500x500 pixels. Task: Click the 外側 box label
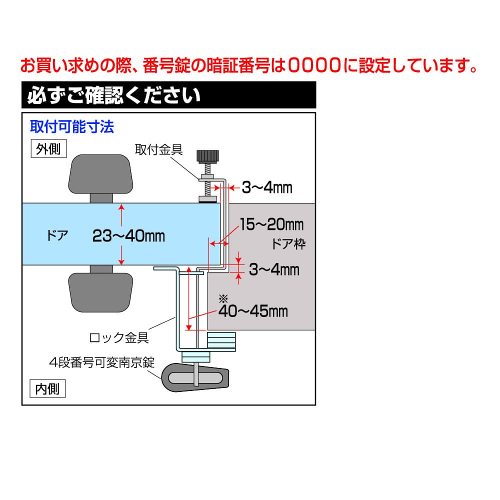click(x=48, y=148)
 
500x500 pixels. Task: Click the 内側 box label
click(x=47, y=388)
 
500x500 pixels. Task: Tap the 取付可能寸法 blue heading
click(x=72, y=126)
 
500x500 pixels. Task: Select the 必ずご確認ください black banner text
click(x=114, y=95)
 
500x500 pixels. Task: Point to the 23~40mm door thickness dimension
click(x=128, y=236)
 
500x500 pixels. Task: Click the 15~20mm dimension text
click(x=271, y=224)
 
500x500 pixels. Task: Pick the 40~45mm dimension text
click(x=253, y=311)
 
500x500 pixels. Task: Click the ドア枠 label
click(x=288, y=244)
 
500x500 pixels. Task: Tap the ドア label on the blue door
click(x=57, y=235)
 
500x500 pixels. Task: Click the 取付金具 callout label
click(x=159, y=149)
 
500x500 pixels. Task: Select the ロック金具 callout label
click(x=119, y=337)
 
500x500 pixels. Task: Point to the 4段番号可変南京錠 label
click(x=102, y=362)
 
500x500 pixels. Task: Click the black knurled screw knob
click(x=207, y=156)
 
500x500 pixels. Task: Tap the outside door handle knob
click(x=101, y=174)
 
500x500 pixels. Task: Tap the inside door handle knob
click(x=101, y=292)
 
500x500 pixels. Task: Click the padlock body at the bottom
click(x=195, y=377)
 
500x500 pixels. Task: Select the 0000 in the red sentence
click(x=314, y=65)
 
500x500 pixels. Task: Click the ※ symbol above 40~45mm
click(x=223, y=299)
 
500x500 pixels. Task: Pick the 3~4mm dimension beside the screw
click(x=267, y=187)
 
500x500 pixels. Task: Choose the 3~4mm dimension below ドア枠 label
click(x=274, y=269)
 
